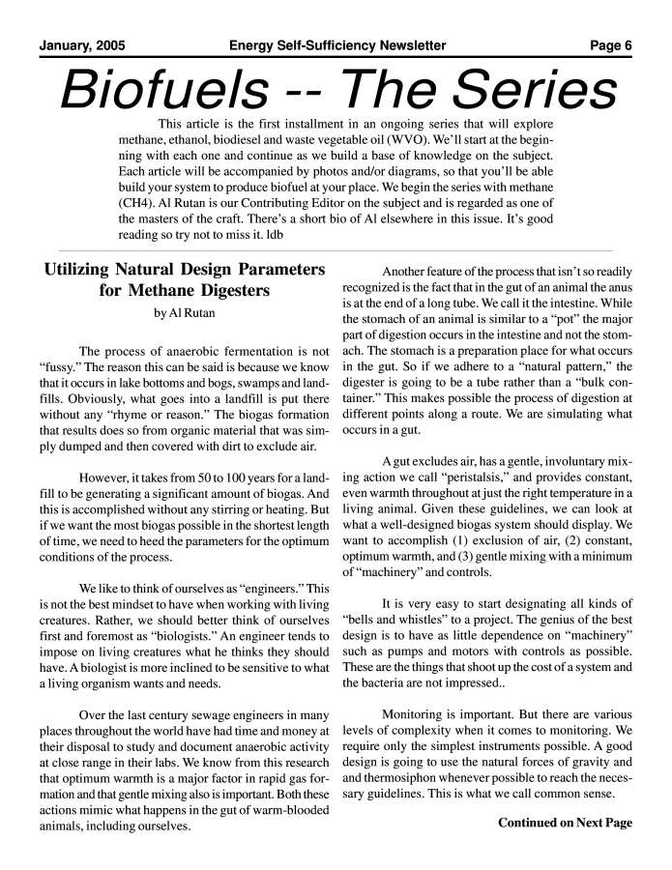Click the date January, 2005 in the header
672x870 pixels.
pyautogui.click(x=82, y=45)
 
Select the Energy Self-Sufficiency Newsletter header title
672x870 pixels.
pyautogui.click(x=337, y=45)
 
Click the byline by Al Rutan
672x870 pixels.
pyautogui.click(x=185, y=313)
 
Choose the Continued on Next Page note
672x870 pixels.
pyautogui.click(x=565, y=823)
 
